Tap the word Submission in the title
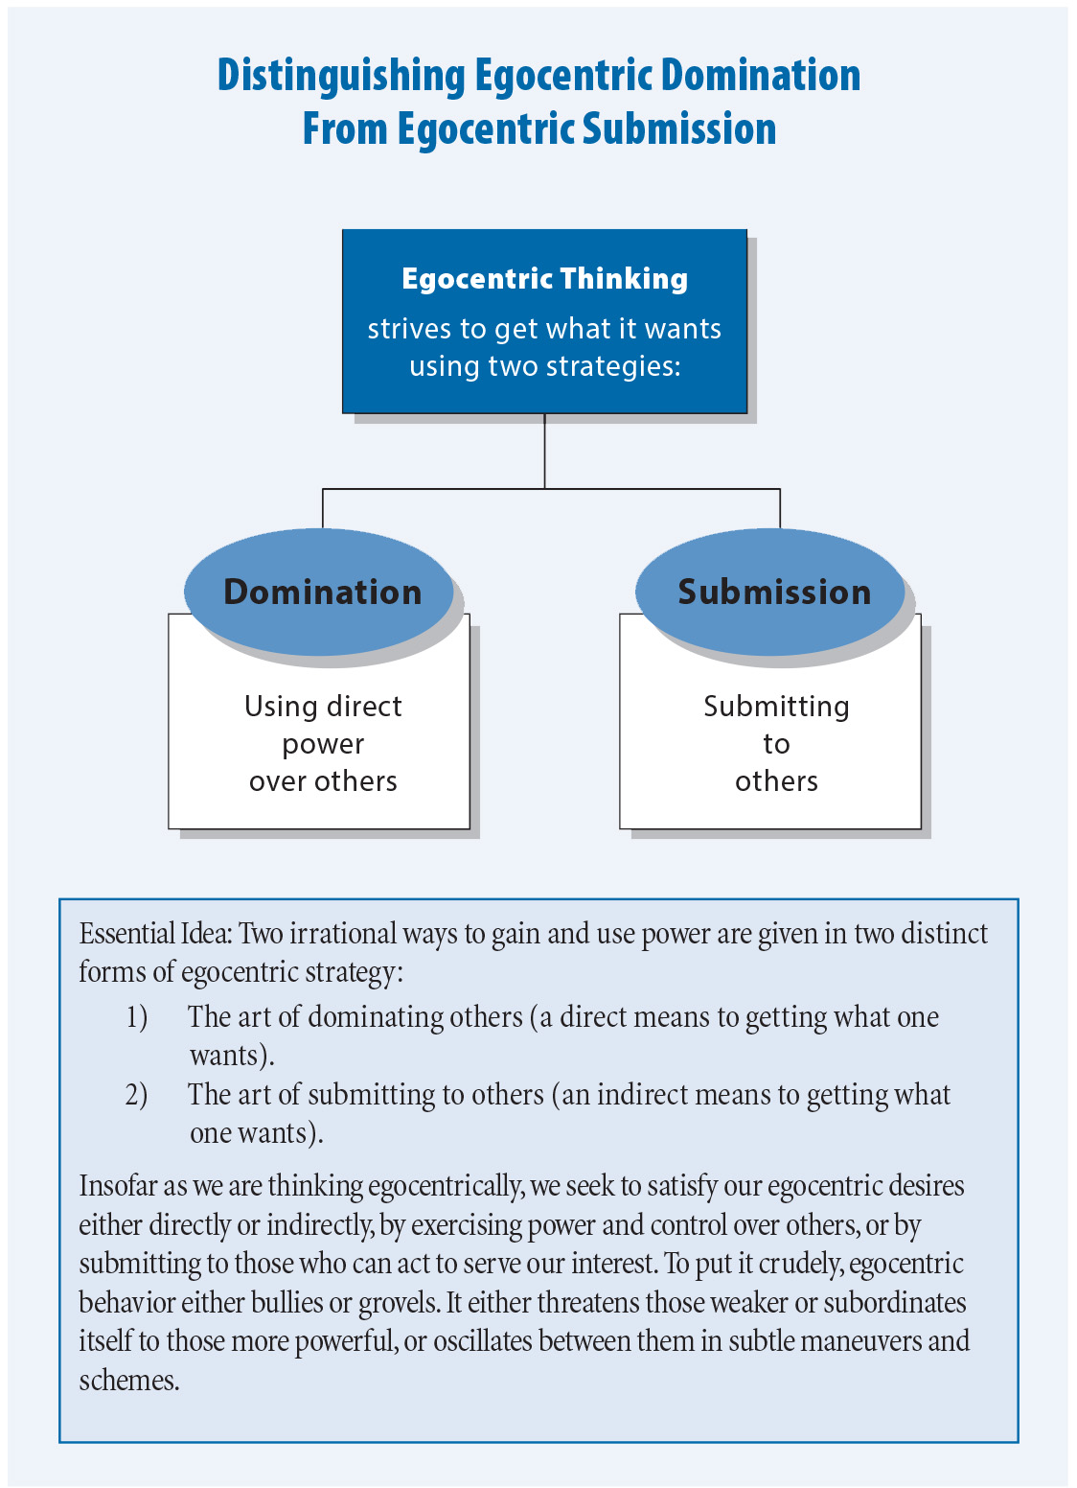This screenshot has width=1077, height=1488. pos(679,128)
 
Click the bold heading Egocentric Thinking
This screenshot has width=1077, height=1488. pos(544,279)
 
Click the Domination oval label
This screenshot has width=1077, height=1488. pos(323,592)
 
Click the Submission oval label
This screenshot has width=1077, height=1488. pos(774,592)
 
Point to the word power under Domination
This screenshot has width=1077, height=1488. pos(323,745)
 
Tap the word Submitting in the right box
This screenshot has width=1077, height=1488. pos(776,707)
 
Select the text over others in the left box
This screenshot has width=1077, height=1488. pos(323,781)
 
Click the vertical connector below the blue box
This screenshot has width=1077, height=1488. pos(544,451)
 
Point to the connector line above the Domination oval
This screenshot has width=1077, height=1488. pos(323,508)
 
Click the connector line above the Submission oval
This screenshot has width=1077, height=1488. pos(780,508)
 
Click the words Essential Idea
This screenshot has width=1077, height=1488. pos(155,933)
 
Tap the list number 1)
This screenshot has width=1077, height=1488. pos(137,1017)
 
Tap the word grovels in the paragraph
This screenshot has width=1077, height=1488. pos(401,1305)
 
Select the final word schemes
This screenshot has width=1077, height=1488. pos(129,1381)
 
